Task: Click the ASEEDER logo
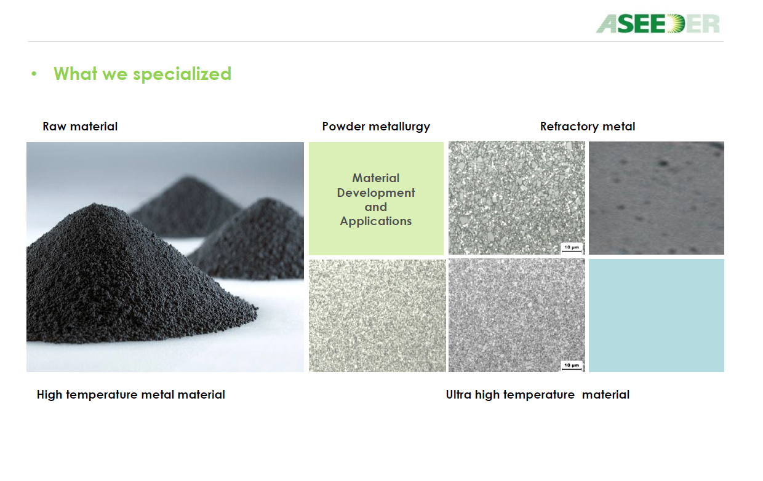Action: (x=657, y=23)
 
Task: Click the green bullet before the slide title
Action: (x=34, y=74)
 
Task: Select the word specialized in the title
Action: (x=182, y=74)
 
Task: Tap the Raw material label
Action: (x=80, y=126)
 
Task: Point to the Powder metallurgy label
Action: (x=376, y=127)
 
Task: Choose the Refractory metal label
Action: (x=588, y=127)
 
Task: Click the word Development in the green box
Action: (x=376, y=193)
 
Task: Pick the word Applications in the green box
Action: (x=376, y=221)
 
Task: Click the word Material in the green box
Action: (x=376, y=178)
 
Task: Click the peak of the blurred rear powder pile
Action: (x=186, y=177)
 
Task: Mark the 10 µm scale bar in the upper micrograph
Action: (x=572, y=248)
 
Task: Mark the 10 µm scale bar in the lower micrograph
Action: (x=572, y=366)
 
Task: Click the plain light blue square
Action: (x=657, y=315)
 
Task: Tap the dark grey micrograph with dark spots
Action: (x=657, y=198)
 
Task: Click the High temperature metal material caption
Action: (x=131, y=394)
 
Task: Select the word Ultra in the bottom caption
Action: (x=458, y=394)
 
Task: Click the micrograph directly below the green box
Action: (x=377, y=316)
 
